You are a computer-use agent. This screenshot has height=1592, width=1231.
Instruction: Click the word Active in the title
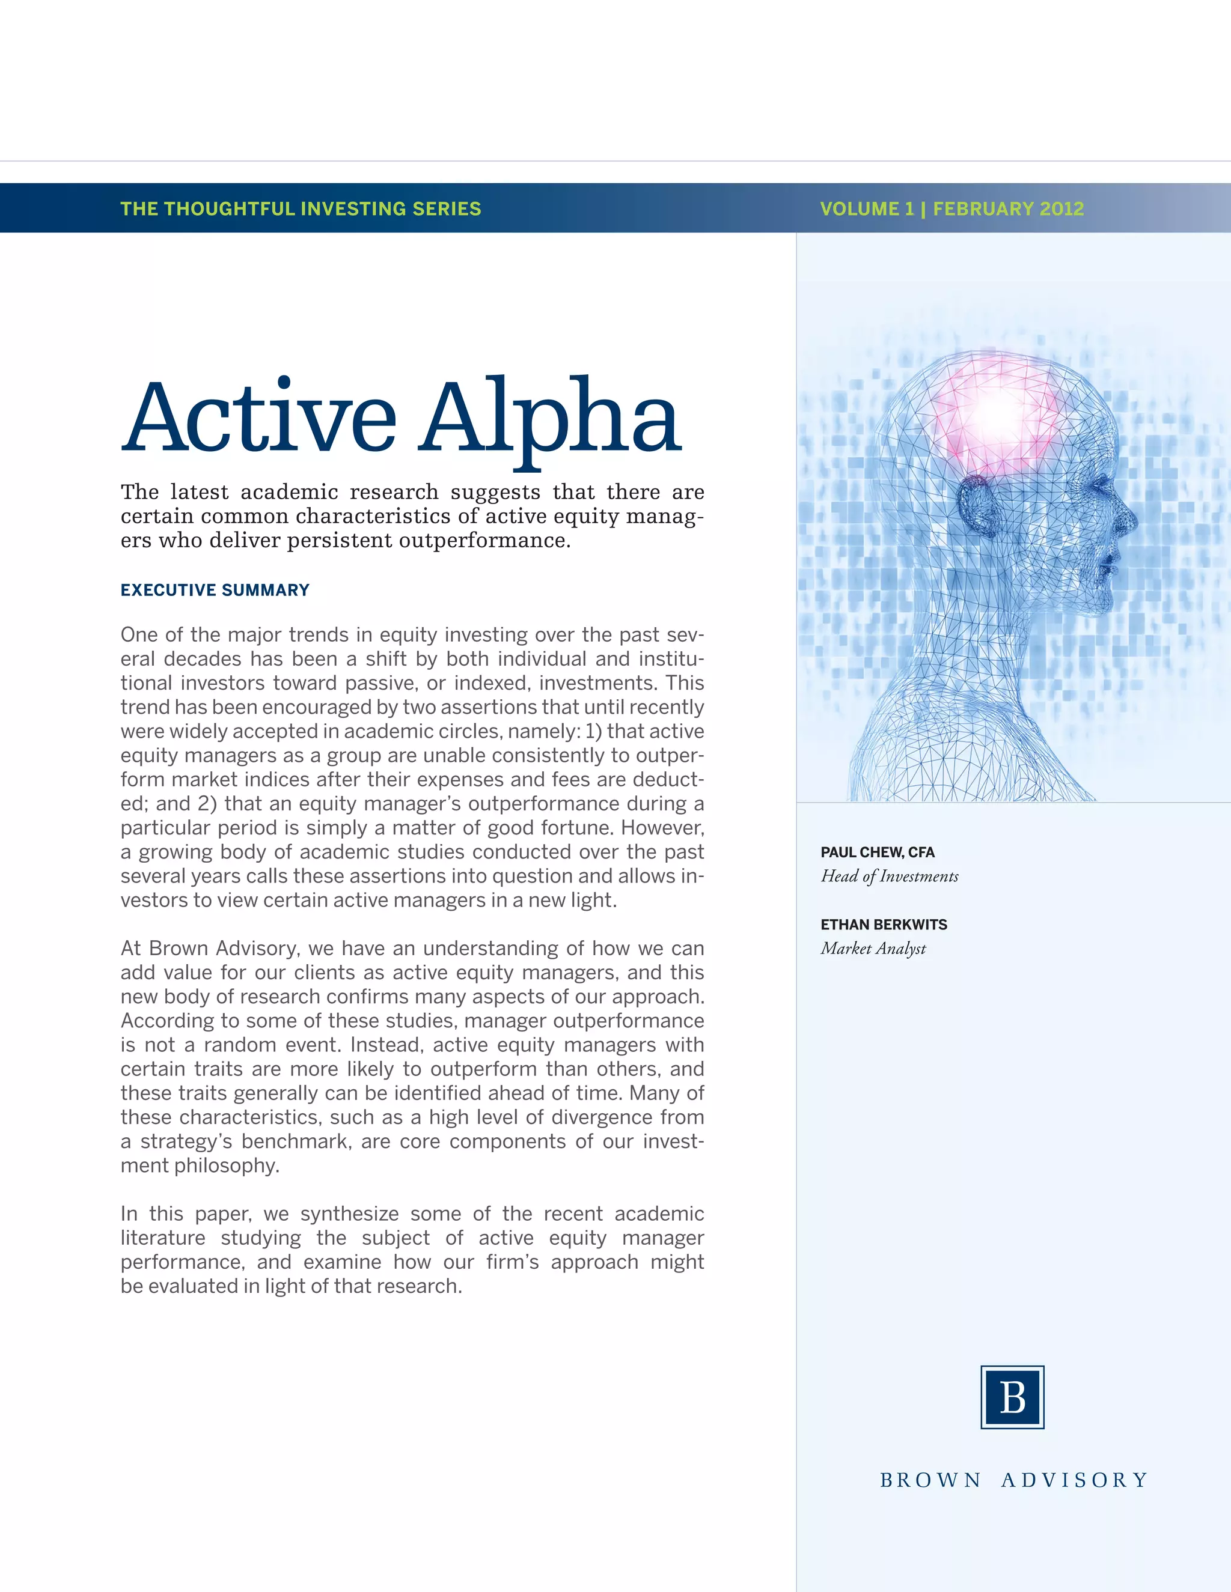click(x=260, y=417)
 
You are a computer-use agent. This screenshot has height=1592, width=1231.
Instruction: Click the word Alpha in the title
click(x=550, y=417)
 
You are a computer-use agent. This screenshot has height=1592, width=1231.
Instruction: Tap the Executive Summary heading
click(x=215, y=590)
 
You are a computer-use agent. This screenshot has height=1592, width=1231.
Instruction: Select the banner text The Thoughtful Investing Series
click(x=301, y=208)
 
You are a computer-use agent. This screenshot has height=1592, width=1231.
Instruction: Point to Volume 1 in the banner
click(x=866, y=208)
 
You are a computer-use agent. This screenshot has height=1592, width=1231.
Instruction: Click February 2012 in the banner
click(x=1009, y=208)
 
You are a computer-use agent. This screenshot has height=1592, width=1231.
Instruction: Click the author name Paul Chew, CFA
click(x=878, y=852)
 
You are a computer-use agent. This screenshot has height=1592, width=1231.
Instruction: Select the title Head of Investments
click(x=890, y=876)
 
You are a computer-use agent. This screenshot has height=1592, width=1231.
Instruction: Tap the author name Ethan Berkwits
click(x=884, y=925)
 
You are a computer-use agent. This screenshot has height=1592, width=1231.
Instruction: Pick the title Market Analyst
click(x=873, y=949)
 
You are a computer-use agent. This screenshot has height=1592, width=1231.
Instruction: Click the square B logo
click(x=1012, y=1397)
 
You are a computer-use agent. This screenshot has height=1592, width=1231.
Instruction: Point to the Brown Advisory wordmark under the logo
click(x=1013, y=1480)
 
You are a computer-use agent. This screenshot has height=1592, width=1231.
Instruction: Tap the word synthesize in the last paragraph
click(x=349, y=1213)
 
